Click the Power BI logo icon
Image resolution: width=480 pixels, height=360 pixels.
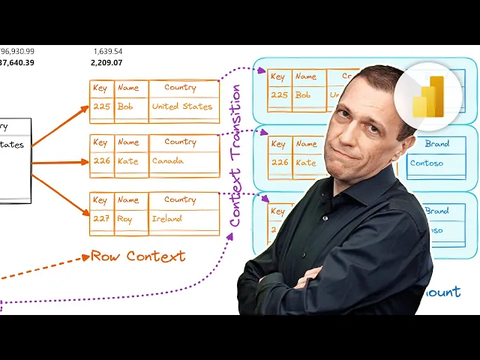(x=428, y=96)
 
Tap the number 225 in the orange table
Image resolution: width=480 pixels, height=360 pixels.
(x=101, y=106)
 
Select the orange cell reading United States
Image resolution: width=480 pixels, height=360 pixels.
(x=182, y=106)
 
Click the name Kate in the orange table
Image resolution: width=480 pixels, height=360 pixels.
(x=128, y=161)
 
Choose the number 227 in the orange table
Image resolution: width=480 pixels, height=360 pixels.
(x=101, y=219)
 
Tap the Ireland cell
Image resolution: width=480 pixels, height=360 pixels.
(x=167, y=219)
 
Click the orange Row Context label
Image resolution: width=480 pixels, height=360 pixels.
(x=138, y=256)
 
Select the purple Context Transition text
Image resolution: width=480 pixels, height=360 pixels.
(x=235, y=156)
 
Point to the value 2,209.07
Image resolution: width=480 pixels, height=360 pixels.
(x=106, y=63)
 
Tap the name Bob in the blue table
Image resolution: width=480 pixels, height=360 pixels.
(x=303, y=95)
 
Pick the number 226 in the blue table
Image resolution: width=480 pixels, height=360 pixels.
(x=279, y=162)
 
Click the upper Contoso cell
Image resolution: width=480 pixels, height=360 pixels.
(x=427, y=163)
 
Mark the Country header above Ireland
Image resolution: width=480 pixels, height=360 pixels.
(x=180, y=199)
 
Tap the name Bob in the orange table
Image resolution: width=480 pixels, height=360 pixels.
(x=125, y=106)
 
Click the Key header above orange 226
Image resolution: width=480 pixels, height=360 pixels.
(x=100, y=142)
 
